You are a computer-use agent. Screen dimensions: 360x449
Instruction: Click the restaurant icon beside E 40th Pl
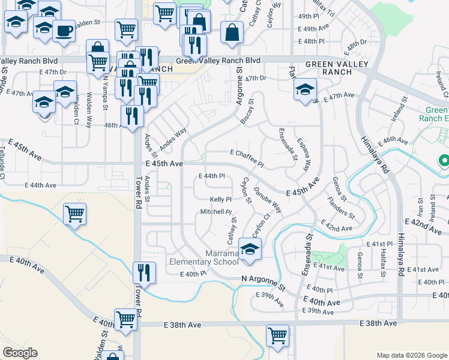click(x=144, y=272)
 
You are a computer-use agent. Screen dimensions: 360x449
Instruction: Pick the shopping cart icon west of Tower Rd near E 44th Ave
click(x=74, y=213)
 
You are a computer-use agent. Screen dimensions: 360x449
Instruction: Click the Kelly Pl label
click(x=220, y=199)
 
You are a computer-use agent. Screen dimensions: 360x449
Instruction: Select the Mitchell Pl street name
click(x=215, y=212)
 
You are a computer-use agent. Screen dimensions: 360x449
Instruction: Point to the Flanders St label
click(x=341, y=207)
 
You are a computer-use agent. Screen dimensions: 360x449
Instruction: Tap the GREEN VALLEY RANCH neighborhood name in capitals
click(x=328, y=68)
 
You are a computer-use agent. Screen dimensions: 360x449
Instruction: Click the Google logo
click(x=20, y=353)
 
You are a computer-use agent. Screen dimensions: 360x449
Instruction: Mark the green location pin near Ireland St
click(x=444, y=161)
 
